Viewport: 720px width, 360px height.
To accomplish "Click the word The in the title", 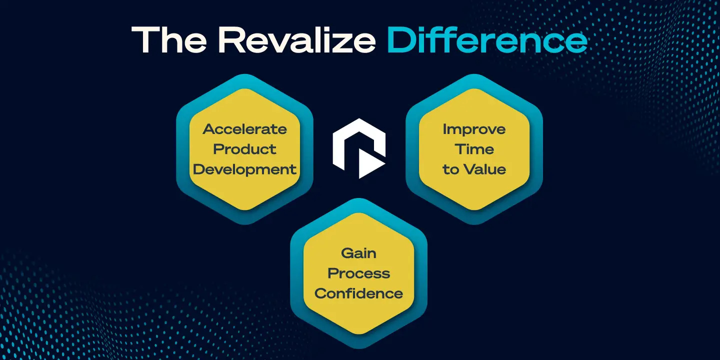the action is point(169,39).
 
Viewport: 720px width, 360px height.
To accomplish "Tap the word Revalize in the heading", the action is point(296,39).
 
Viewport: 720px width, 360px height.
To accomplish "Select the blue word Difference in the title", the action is point(487,39).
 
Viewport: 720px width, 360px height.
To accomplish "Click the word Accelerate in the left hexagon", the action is point(244,129).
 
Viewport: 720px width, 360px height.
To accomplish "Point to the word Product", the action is point(244,149).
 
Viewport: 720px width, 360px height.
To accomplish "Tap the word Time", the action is point(474,149).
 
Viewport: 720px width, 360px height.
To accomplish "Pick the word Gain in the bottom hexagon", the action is point(358,253).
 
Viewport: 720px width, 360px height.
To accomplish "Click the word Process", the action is point(358,273).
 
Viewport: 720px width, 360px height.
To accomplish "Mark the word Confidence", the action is point(358,293).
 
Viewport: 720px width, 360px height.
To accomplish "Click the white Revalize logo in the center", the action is point(359,148).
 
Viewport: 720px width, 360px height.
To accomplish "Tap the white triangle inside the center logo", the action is point(369,163).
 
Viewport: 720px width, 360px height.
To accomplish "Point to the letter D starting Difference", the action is point(400,39).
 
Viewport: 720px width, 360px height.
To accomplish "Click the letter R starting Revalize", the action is point(231,39).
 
